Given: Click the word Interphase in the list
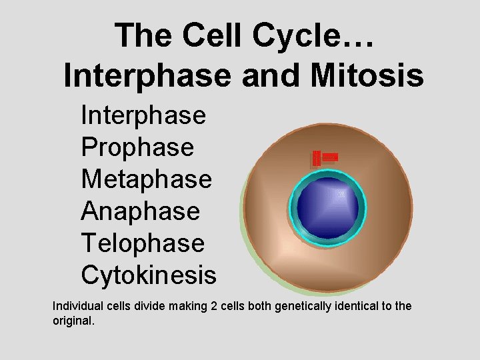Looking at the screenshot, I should pos(143,115).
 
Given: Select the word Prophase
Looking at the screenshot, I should pos(137,147).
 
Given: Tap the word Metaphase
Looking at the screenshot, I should pos(146,179).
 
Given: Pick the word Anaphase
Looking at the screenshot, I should pos(140,211).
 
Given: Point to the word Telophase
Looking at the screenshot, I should pos(143,243).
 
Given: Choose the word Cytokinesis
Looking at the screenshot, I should pos(149,275).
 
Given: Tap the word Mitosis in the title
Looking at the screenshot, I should pos(370,75).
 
